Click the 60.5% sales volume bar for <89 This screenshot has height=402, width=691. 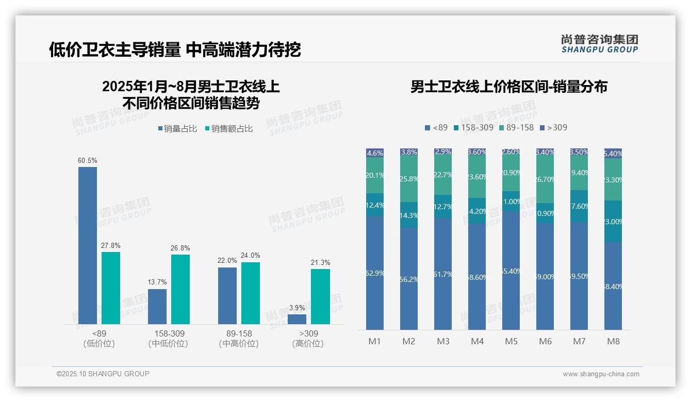88,245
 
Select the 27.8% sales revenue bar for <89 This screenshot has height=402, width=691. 111,288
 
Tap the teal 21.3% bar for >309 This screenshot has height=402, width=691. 320,296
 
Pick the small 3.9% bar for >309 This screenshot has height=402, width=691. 297,319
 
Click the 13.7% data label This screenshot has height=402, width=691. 157,282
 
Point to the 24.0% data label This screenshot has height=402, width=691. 251,256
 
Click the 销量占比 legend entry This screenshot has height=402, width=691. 177,129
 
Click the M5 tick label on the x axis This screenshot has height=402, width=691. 511,341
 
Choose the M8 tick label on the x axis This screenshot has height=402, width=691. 613,341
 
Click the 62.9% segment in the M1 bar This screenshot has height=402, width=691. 375,273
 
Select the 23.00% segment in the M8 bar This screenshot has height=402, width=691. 613,222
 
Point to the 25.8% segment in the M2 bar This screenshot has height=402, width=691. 409,179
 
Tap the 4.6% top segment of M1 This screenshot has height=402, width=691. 375,153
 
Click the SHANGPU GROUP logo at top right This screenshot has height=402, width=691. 599,44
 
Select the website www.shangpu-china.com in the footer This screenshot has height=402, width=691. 601,374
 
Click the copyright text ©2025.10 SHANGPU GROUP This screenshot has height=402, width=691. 103,374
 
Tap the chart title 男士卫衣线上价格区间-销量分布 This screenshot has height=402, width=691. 508,87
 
